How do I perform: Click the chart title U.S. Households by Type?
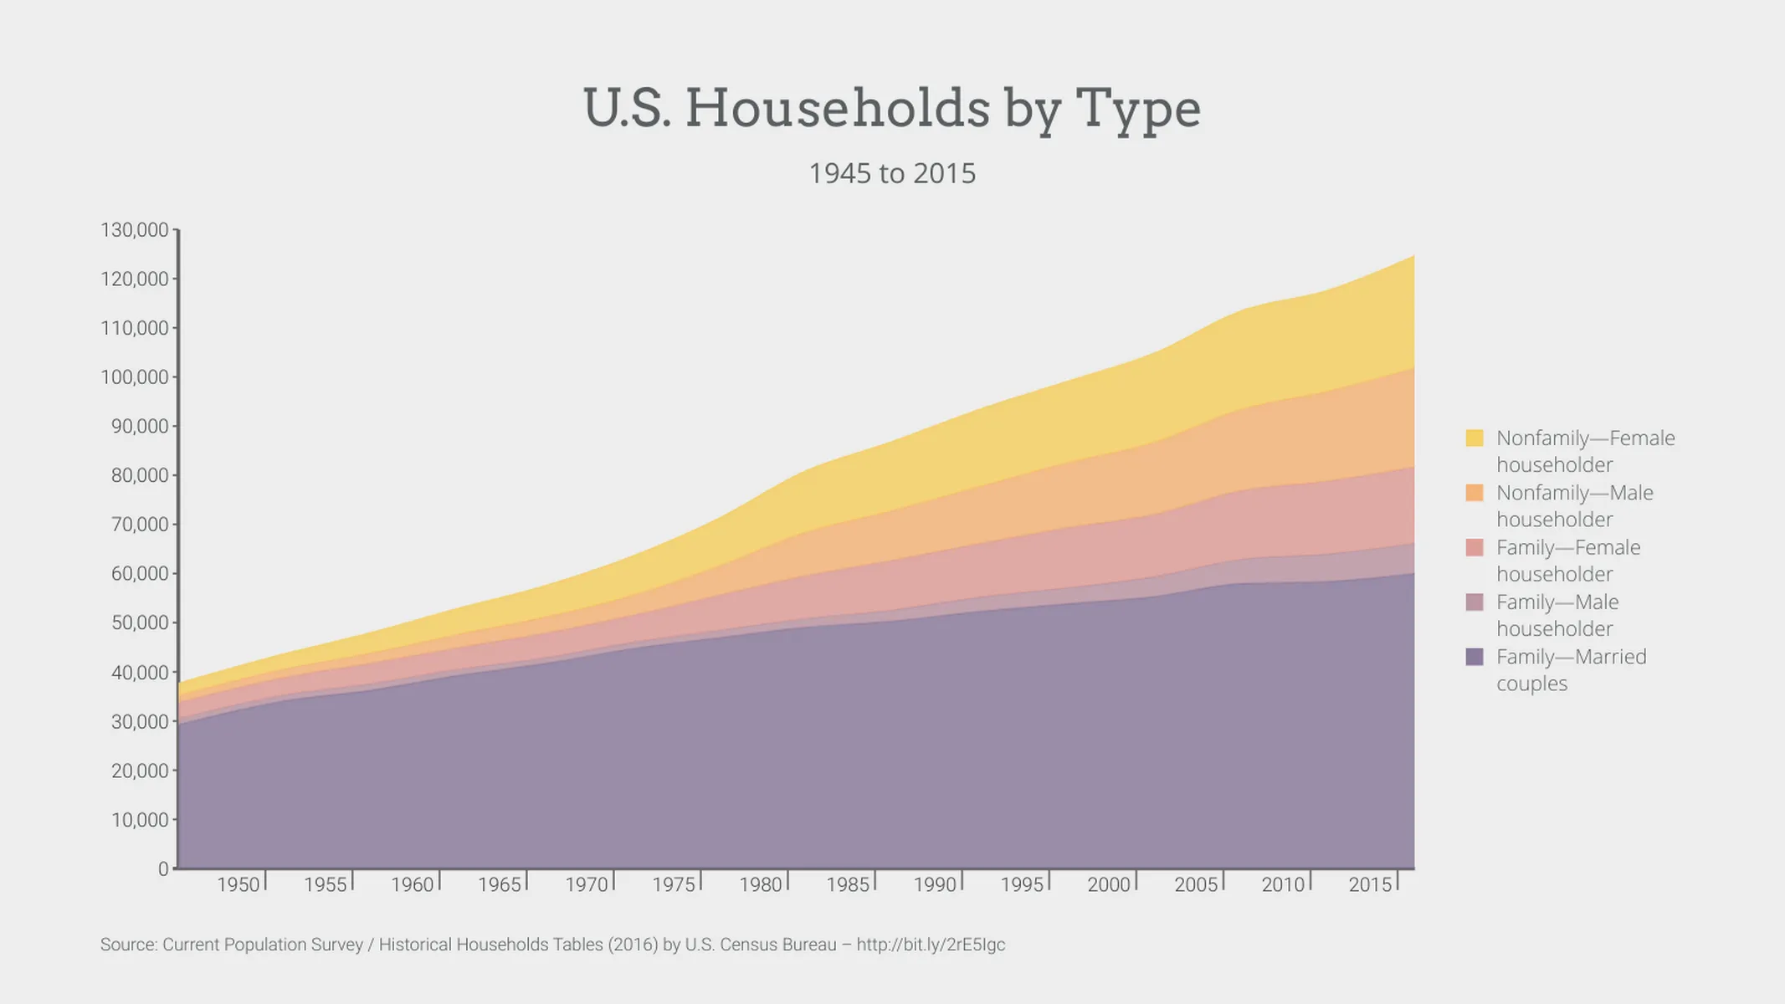click(x=891, y=109)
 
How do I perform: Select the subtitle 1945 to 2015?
click(x=891, y=173)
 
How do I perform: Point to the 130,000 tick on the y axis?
click(x=135, y=230)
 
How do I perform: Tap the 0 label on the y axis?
click(x=163, y=869)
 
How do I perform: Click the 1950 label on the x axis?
click(x=239, y=884)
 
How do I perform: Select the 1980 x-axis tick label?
click(x=761, y=884)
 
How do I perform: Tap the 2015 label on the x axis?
click(x=1370, y=884)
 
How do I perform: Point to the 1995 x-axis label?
click(x=1022, y=884)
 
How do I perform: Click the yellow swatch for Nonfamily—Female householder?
click(x=1475, y=438)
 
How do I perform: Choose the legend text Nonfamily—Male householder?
click(x=1574, y=505)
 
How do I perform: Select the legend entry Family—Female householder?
click(x=1567, y=561)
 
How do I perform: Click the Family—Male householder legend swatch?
click(x=1475, y=602)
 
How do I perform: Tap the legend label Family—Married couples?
click(x=1571, y=669)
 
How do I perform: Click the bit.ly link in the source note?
click(x=931, y=945)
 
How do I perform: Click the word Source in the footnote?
click(x=127, y=945)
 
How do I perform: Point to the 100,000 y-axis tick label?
click(x=135, y=377)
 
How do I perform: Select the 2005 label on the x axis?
click(x=1196, y=884)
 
